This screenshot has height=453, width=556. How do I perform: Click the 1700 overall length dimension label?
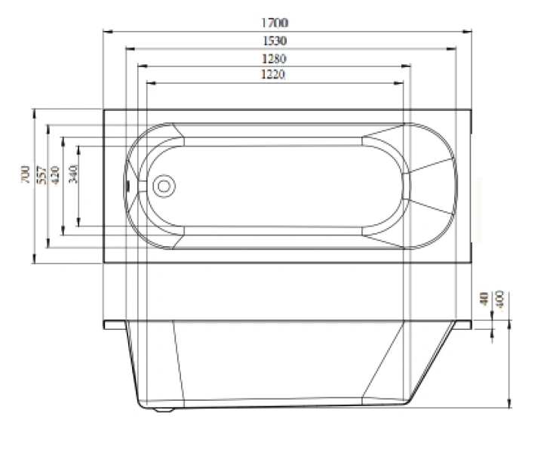277,24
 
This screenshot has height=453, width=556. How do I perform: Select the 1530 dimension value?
277,41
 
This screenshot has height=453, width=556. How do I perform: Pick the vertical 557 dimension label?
42,174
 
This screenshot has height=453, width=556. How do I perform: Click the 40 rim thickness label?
484,299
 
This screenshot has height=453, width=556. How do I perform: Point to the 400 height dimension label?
499,299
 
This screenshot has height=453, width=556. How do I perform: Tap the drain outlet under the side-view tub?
164,411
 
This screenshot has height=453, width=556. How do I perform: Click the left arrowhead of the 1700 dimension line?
106,31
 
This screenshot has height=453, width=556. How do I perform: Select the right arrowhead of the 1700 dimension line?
468,31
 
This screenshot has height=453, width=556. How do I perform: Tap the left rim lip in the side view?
115,325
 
